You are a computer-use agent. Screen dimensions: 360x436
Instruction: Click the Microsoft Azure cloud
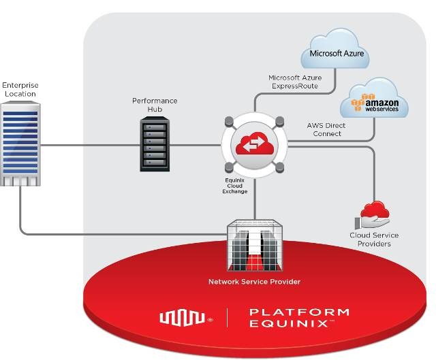(336, 50)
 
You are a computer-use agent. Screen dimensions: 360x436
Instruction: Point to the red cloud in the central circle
(253, 144)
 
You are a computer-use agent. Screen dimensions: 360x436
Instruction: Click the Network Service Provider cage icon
(254, 246)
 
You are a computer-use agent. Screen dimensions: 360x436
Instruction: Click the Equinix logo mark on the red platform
(182, 317)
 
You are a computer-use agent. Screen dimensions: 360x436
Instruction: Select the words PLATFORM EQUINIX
(299, 317)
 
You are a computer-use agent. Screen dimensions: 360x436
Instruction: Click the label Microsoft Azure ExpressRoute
(294, 82)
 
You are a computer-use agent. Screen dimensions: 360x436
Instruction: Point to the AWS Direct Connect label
(326, 129)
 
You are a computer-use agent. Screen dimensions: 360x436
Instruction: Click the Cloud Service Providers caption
(374, 240)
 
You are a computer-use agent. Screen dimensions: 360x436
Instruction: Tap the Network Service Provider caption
(254, 281)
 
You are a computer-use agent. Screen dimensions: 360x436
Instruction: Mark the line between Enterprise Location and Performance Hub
(89, 145)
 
